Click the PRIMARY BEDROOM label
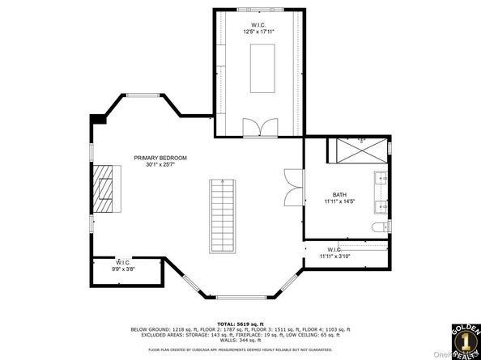coord(160,158)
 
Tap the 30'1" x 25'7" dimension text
coord(160,165)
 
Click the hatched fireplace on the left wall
coord(104,188)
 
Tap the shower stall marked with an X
coord(361,150)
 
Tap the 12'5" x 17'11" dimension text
coord(259,33)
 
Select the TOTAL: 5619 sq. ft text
coord(240,322)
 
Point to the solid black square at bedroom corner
coord(97,118)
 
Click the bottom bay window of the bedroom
coord(240,297)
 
